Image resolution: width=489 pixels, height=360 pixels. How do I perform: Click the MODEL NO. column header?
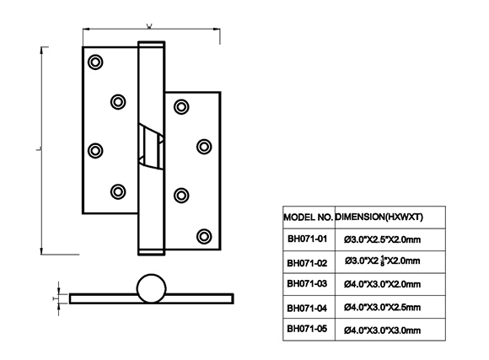tap(308, 218)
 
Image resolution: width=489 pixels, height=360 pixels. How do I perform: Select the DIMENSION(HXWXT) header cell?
tap(379, 218)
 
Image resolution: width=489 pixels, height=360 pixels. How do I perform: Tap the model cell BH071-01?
tap(307, 239)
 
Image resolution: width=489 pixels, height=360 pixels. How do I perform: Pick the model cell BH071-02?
tap(307, 263)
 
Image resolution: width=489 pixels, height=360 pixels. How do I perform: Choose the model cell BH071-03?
tap(307, 283)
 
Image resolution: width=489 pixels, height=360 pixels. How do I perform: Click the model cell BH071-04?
tap(307, 309)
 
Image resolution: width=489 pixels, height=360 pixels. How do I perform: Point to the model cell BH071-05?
tap(307, 329)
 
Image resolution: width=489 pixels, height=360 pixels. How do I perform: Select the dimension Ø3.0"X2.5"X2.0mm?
tap(382, 239)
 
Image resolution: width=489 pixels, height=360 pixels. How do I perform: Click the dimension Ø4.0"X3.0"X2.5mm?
tap(382, 307)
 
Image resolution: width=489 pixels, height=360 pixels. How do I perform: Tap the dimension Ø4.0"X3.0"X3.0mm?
tap(382, 330)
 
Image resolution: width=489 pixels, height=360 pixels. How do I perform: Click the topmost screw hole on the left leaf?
tap(95, 62)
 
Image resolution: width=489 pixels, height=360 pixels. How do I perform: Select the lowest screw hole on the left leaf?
tap(118, 191)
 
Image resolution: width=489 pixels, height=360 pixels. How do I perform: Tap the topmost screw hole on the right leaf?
tap(181, 107)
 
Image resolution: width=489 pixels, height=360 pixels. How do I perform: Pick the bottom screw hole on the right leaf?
tap(204, 236)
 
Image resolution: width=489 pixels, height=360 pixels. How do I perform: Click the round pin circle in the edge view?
tap(152, 275)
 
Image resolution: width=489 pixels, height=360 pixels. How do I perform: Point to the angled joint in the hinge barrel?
tap(151, 147)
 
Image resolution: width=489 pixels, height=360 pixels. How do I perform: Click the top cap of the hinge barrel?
tap(151, 44)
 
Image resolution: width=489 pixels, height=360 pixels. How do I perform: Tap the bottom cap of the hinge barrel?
tap(151, 252)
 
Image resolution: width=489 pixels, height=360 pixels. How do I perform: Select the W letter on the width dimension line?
tap(149, 26)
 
